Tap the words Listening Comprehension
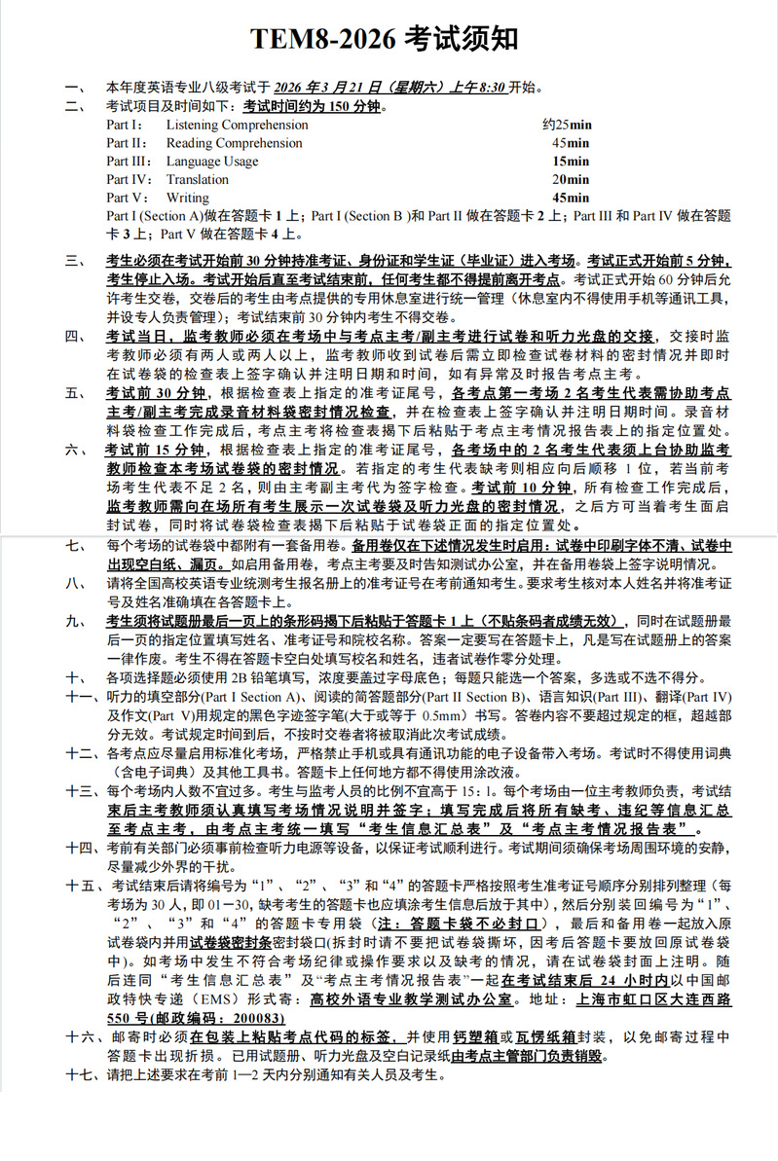tap(237, 125)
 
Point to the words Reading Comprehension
tap(234, 143)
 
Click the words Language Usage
tap(212, 162)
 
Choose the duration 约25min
tap(567, 125)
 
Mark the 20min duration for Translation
tap(571, 179)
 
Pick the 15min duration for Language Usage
tap(571, 162)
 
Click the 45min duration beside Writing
tap(571, 198)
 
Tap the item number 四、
tap(76, 336)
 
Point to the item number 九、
tap(76, 621)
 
